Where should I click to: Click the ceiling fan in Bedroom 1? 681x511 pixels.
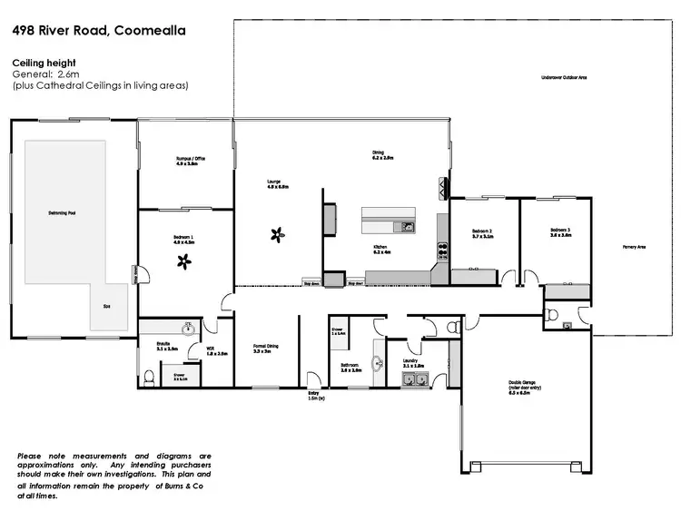[185, 262]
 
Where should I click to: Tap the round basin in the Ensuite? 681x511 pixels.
[189, 329]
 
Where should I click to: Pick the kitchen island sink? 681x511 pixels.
[409, 227]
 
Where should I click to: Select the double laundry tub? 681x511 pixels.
[416, 379]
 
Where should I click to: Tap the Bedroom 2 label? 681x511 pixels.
[482, 232]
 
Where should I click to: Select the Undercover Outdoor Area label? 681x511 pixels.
[563, 78]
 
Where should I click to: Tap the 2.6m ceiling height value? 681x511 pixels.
[70, 74]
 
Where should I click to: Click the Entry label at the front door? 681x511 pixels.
[314, 392]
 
